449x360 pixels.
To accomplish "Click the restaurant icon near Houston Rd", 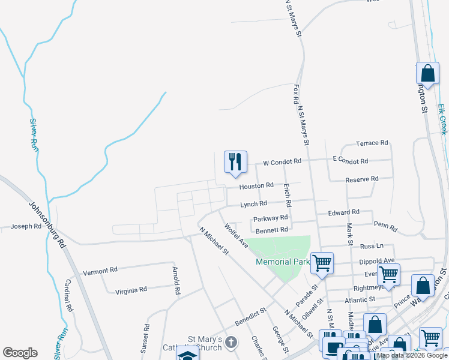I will click(235, 162).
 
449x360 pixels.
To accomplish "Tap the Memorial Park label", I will click(282, 262).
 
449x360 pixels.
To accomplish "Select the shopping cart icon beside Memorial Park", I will click(322, 263).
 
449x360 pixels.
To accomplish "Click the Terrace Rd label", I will click(372, 143).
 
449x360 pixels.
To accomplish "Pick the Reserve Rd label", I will click(362, 179).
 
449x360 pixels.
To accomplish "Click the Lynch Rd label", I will click(253, 205).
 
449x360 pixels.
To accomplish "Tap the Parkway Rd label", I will click(271, 218).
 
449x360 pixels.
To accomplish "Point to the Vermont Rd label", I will click(100, 271).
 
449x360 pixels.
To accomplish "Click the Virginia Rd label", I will click(131, 290).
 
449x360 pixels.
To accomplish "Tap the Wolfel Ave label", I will click(236, 235).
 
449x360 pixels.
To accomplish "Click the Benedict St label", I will click(250, 317).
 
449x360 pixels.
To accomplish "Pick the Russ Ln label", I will click(371, 246).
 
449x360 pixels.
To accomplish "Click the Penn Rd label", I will click(385, 226).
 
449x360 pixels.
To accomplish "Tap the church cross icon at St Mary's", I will click(232, 342).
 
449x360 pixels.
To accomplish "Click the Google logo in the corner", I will click(20, 353).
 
